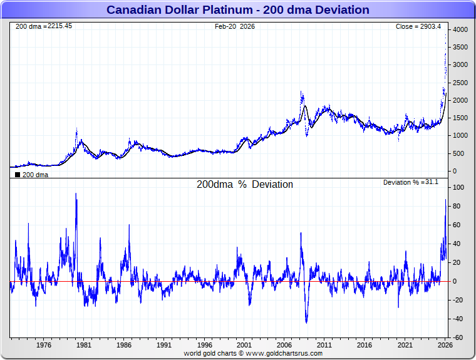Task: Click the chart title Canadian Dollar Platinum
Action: coord(237,10)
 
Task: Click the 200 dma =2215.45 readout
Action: coord(43,26)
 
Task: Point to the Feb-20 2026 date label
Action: coord(235,26)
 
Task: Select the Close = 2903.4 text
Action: coord(418,26)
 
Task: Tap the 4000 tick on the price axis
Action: coord(460,29)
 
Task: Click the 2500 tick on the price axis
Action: coord(460,83)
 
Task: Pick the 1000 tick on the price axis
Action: coord(460,136)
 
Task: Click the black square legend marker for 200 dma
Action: coord(18,175)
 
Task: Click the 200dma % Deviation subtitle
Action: coord(245,185)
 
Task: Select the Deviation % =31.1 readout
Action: coord(411,182)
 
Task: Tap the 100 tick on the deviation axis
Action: coord(458,188)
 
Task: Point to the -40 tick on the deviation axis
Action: coord(458,319)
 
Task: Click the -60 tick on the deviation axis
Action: coord(458,338)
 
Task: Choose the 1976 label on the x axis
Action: coord(43,345)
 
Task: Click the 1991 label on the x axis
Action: coord(164,345)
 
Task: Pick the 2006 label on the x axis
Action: coord(284,345)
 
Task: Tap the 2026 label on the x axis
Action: coord(445,345)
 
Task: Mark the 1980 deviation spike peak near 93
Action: coord(76,193)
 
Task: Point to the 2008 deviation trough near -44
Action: coord(306,322)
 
